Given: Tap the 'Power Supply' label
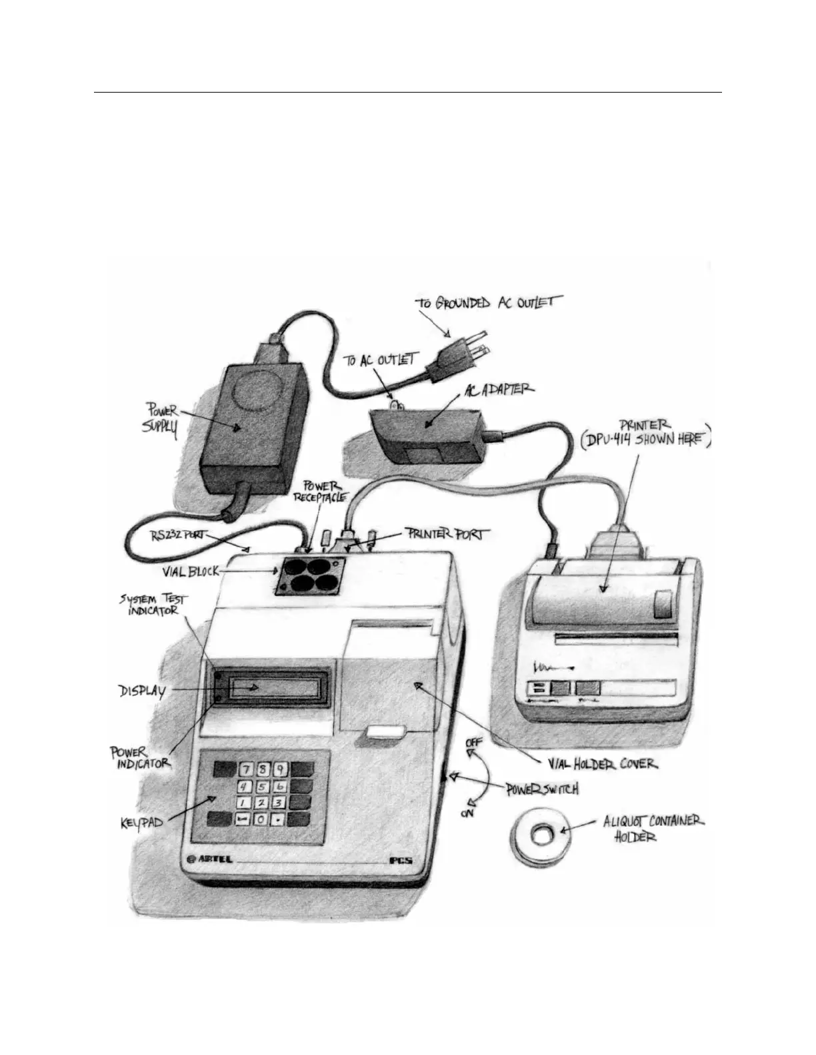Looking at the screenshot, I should [163, 421].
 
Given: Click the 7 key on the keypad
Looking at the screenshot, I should [245, 769].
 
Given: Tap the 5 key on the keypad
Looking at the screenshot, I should [263, 787].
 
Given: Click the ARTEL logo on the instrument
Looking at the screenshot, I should [211, 859].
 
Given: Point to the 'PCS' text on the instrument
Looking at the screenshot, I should [401, 860].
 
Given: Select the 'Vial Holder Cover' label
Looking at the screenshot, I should [599, 763].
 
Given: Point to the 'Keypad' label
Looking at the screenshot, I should [143, 825].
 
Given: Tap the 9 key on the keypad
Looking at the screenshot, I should [280, 769].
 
